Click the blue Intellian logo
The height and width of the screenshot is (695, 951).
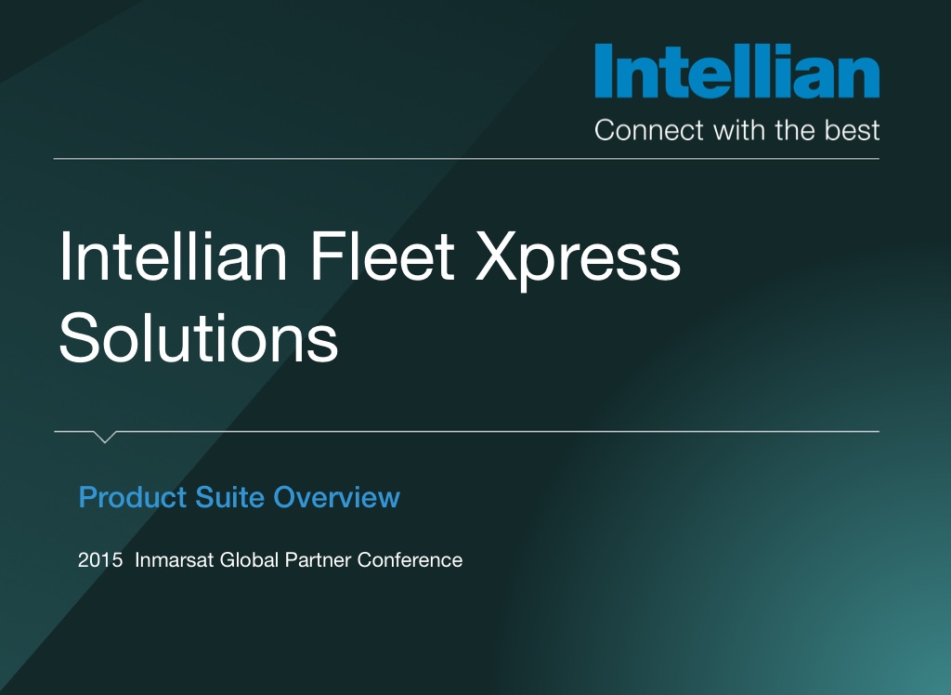click(736, 71)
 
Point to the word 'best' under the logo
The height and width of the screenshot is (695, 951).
click(852, 130)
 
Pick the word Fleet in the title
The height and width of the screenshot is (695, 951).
click(383, 256)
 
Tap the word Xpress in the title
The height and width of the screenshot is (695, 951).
click(578, 260)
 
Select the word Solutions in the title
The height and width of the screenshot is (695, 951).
click(199, 337)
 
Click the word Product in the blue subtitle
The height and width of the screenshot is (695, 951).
click(133, 497)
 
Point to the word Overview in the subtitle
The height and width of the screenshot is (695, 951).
click(336, 497)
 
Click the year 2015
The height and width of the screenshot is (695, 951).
click(100, 559)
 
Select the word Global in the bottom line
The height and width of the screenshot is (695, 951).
click(249, 559)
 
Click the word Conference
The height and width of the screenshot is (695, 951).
click(410, 559)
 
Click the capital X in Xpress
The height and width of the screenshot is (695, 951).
click(496, 256)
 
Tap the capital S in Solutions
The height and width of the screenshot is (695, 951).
click(79, 337)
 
